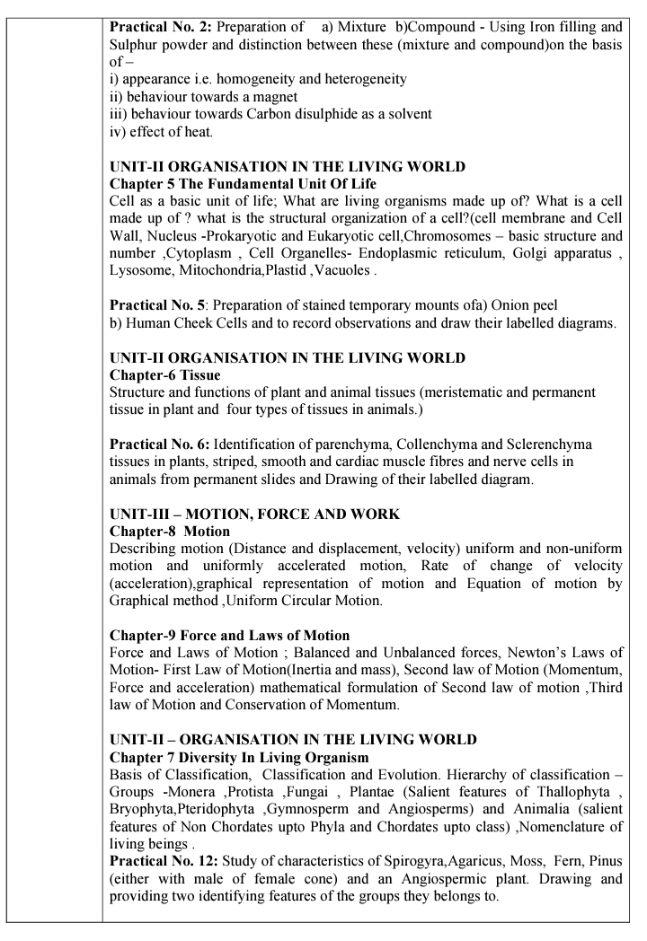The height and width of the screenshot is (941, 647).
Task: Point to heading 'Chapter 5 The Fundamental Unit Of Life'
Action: coord(243,183)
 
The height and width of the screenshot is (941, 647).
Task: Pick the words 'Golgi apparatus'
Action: coord(563,252)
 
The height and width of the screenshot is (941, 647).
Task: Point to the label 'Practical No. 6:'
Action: coord(160,444)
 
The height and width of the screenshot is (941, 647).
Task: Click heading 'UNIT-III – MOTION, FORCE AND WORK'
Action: coord(254,514)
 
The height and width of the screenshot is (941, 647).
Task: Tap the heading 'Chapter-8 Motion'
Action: coord(169,532)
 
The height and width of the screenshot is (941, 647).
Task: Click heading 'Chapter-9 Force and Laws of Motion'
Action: coord(229,636)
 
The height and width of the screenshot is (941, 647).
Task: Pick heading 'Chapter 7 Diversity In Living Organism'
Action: coord(239,756)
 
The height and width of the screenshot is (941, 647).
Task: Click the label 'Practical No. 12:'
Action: coord(164,860)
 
